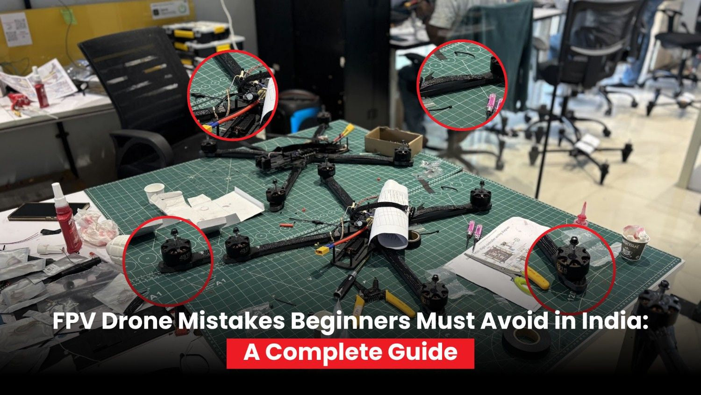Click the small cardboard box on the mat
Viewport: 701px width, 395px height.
point(393,139)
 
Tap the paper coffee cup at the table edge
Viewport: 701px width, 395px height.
point(635,241)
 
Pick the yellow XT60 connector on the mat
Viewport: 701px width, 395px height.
point(322,251)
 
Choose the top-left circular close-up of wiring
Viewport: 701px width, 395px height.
point(233,96)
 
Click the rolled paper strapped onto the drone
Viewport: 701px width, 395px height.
point(391,213)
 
